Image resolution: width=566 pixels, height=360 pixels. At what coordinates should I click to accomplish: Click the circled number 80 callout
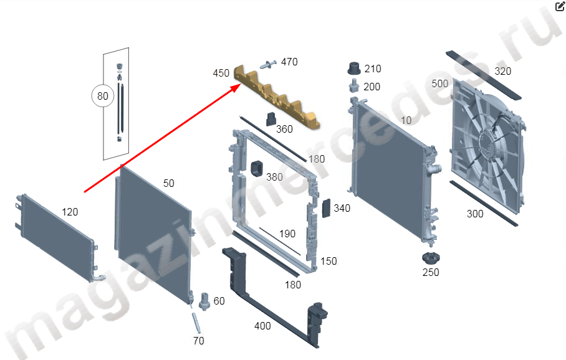click(x=102, y=96)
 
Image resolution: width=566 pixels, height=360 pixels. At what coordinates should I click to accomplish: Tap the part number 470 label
click(x=289, y=62)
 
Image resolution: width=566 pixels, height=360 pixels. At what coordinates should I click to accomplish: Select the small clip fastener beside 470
click(x=268, y=64)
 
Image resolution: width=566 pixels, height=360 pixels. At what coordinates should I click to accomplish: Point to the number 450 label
click(x=221, y=73)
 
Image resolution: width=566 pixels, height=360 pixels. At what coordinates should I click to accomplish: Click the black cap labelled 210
click(x=354, y=68)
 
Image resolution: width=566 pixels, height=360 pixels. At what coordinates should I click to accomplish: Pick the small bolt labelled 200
click(x=354, y=87)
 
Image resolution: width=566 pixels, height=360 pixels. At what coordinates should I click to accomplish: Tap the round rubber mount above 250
click(x=431, y=258)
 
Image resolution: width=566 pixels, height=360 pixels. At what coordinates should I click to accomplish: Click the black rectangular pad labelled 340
click(x=326, y=208)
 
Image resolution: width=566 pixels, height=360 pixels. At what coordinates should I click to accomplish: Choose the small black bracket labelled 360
click(x=271, y=120)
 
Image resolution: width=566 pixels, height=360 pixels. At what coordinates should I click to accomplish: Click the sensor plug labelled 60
click(x=204, y=301)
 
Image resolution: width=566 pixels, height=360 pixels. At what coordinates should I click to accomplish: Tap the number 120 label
click(x=70, y=212)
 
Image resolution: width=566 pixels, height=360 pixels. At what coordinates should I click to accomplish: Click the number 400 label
click(x=262, y=326)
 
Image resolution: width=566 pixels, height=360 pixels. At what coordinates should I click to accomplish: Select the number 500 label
click(x=439, y=83)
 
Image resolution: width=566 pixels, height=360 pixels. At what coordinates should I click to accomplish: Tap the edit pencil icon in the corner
click(x=560, y=6)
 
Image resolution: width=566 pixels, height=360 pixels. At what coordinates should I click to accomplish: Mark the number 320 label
click(x=503, y=71)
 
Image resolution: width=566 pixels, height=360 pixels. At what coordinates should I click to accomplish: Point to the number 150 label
click(x=329, y=261)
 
